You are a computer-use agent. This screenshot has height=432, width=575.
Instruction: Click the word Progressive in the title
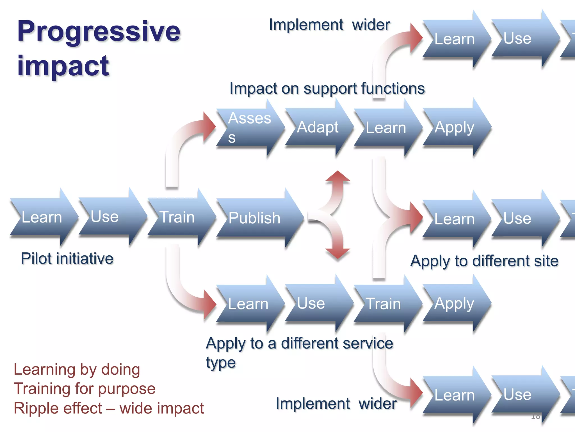(x=99, y=31)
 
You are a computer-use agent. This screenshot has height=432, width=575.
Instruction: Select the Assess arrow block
(x=248, y=127)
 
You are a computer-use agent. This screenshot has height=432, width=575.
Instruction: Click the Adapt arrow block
(x=317, y=127)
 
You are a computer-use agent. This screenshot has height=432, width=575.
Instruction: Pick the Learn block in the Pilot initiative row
(x=42, y=217)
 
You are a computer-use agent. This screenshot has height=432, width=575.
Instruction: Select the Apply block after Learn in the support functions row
(x=454, y=127)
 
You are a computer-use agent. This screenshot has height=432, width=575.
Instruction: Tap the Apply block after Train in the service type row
(x=454, y=304)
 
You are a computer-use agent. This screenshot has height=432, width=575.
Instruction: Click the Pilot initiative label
(x=67, y=258)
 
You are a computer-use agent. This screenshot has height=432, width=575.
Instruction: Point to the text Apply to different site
(x=484, y=261)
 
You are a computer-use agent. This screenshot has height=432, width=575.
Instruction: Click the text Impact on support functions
(x=327, y=89)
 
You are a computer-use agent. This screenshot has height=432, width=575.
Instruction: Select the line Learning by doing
(x=77, y=370)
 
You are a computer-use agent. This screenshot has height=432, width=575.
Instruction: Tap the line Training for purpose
(x=85, y=389)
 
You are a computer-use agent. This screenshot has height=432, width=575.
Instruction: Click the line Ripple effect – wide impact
(x=109, y=408)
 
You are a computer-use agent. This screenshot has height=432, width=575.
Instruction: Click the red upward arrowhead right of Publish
(x=338, y=177)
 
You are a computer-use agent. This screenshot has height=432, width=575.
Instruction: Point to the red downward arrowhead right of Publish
(x=338, y=253)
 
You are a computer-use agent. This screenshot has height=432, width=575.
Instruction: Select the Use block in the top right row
(x=517, y=39)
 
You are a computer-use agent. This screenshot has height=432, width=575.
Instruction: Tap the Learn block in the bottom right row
(x=454, y=395)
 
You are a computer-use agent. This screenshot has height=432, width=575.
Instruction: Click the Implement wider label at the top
(x=329, y=25)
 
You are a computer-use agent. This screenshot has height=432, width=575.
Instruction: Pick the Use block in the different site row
(x=517, y=219)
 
